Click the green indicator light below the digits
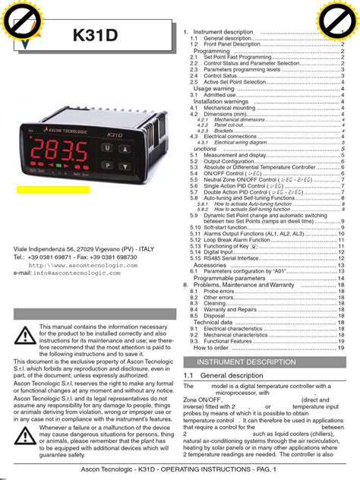coord(59,163)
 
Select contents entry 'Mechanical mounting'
coord(228,108)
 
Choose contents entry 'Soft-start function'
coord(227,227)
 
